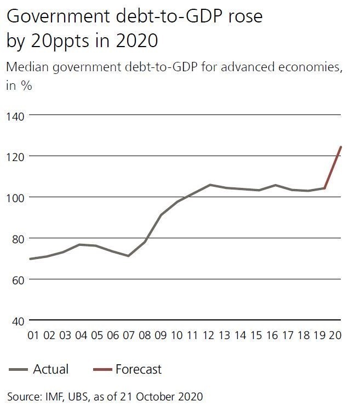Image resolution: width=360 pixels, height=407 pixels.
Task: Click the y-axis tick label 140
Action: [15, 115]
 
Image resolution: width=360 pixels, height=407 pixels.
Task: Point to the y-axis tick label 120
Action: [15, 156]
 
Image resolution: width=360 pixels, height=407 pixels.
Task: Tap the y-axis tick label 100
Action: [15, 197]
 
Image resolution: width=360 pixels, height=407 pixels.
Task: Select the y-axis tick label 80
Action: [14, 238]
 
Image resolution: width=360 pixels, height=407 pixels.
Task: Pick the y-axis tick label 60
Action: [14, 279]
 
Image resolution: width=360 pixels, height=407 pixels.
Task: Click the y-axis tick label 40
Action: [14, 320]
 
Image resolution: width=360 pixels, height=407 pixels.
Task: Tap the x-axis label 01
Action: [34, 335]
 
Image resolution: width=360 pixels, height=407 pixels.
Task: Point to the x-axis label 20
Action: [335, 335]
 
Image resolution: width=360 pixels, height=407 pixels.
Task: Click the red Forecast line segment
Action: [333, 168]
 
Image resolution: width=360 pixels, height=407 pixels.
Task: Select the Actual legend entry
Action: [51, 369]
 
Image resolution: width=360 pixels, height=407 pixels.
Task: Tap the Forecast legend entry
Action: [138, 369]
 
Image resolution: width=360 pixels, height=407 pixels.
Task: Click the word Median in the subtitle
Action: [27, 68]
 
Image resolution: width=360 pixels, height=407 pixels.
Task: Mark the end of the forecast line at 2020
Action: [341, 147]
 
